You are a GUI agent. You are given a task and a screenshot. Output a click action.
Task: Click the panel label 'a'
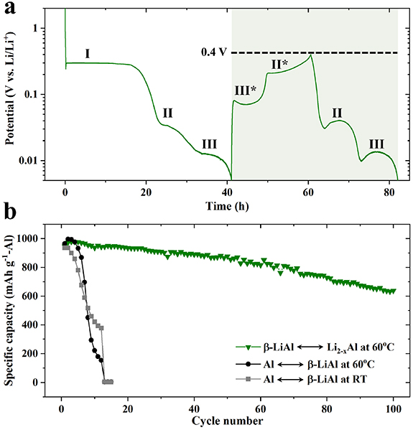point(9,9)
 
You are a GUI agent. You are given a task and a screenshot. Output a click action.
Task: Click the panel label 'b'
point(9,213)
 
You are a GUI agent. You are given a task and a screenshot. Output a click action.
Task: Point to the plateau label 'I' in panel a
point(87,54)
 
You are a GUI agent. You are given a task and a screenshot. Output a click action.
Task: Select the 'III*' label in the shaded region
point(246,90)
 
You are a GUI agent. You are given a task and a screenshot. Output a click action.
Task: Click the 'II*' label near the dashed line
point(280,64)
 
